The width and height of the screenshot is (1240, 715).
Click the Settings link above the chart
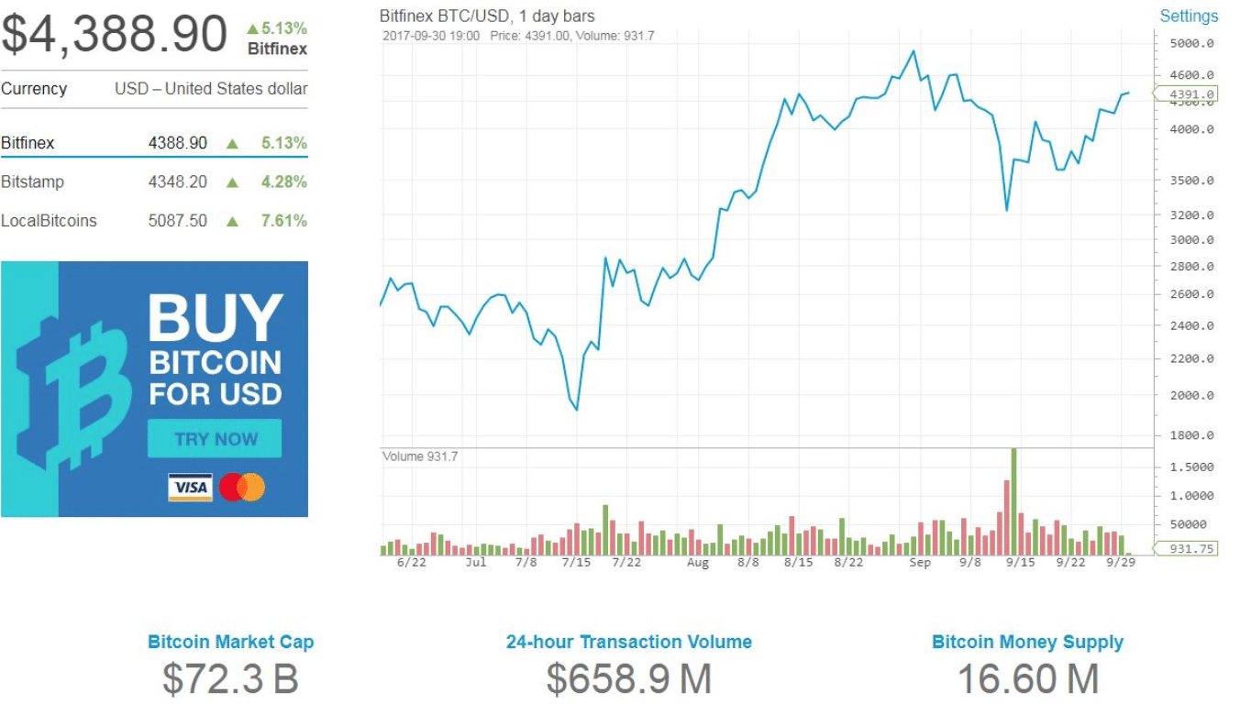point(1189,16)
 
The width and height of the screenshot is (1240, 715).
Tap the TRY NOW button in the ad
point(215,439)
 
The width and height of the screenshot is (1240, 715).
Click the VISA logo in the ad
point(190,487)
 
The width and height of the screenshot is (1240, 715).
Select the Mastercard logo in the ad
point(242,487)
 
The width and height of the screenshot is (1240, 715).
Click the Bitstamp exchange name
point(33,181)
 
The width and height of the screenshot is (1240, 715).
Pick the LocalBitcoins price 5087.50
point(178,221)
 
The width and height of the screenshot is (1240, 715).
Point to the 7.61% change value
point(283,221)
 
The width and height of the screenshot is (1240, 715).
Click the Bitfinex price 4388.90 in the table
point(178,143)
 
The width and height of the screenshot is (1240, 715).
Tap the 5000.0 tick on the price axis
point(1191,43)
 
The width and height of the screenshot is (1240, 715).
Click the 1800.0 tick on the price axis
point(1191,435)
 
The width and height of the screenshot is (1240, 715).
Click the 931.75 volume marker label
point(1191,548)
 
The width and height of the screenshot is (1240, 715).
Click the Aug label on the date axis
point(698,563)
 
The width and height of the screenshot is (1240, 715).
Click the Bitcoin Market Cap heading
point(230,642)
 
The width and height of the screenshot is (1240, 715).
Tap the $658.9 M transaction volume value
point(628,679)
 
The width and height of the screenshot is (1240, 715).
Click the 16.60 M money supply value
point(1027,679)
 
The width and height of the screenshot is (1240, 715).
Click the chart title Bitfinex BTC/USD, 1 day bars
point(487,16)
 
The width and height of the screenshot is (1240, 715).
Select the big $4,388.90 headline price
point(114,34)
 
